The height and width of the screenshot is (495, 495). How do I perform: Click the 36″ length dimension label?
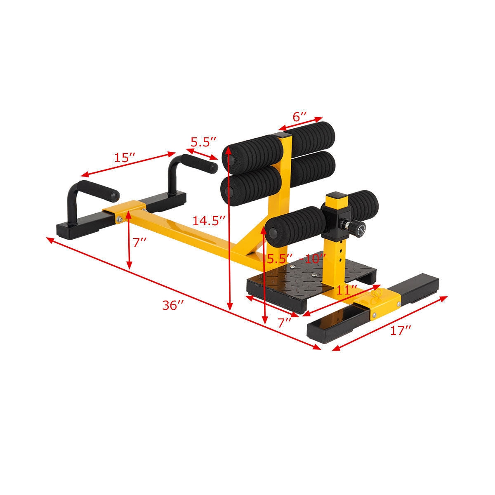(173, 306)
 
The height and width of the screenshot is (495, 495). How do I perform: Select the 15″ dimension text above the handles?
(125, 158)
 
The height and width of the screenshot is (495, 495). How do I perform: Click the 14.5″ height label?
(209, 221)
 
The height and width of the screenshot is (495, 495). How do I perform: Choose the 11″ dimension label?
(346, 290)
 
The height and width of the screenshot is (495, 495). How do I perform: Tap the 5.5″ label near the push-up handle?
(203, 142)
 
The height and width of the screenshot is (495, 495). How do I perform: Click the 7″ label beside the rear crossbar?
(140, 243)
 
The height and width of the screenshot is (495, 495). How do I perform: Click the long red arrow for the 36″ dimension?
(184, 293)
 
